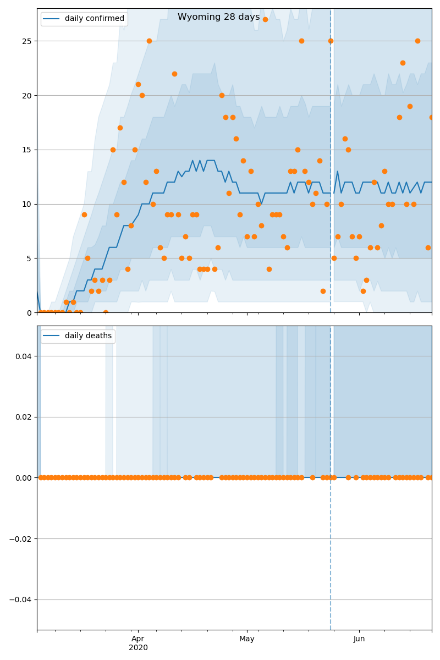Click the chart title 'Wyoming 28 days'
(x=218, y=17)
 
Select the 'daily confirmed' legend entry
(x=94, y=19)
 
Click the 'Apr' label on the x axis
(x=138, y=639)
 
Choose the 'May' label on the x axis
(x=247, y=639)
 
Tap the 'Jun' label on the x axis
(x=359, y=639)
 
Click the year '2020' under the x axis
(x=138, y=647)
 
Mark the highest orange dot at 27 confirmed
(x=265, y=19)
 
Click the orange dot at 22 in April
(x=174, y=74)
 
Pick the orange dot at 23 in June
(x=403, y=63)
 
